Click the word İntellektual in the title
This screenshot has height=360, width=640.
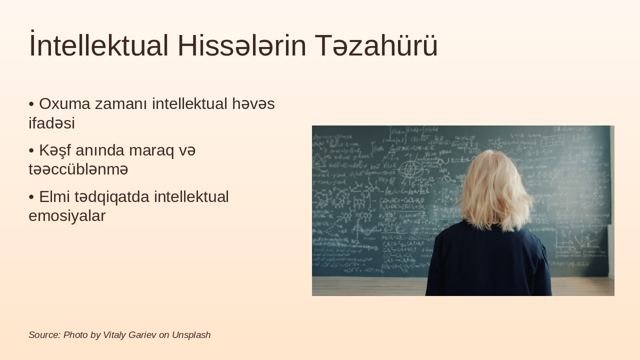(98, 45)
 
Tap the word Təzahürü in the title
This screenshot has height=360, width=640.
(376, 45)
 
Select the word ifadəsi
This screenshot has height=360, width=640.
(51, 123)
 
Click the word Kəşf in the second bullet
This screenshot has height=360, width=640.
(56, 150)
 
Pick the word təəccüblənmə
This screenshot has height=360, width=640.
(78, 169)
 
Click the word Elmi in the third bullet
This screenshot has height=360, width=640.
(55, 197)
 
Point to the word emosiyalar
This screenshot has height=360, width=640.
(67, 216)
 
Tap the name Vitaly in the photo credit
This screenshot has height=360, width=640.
(114, 335)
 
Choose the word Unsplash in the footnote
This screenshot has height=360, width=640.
(191, 335)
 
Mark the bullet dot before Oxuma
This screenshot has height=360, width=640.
(31, 104)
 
